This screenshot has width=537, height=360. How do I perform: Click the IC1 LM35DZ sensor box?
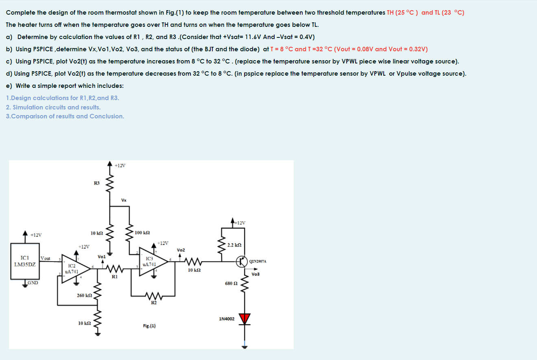[25, 262]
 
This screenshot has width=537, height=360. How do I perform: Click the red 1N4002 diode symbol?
[244, 319]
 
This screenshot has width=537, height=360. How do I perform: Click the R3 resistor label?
[96, 183]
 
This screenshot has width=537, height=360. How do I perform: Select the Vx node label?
[124, 200]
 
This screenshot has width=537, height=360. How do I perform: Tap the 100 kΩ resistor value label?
[142, 232]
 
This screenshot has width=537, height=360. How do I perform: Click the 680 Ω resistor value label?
[231, 283]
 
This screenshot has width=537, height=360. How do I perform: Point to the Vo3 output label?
[255, 274]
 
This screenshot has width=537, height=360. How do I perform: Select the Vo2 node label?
[181, 249]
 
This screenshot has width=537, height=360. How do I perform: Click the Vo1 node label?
[102, 257]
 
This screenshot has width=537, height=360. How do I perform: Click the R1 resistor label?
[115, 277]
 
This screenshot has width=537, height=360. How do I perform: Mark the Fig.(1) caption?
[149, 326]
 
